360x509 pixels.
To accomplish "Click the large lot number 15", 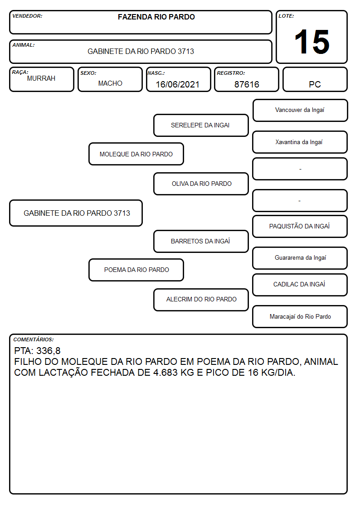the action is click(x=312, y=42).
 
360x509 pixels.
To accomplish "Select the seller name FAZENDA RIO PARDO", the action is click(x=156, y=17).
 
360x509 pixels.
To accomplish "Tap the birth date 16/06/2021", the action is click(x=178, y=84).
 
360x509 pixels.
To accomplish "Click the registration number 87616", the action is click(x=247, y=84).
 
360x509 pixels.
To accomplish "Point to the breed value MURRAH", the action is click(x=41, y=78).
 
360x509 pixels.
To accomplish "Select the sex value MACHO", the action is click(x=110, y=83).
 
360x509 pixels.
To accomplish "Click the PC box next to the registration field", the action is click(x=315, y=80).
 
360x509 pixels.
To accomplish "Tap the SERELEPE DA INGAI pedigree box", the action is click(x=201, y=125).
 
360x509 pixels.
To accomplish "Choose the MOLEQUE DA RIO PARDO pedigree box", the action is click(x=136, y=154).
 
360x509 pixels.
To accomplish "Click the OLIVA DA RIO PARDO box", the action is click(x=201, y=184).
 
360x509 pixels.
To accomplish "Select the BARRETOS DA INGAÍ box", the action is click(x=201, y=241).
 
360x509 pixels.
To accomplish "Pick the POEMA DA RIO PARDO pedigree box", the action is click(x=136, y=270).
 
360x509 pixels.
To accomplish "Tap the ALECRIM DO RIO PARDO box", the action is click(x=201, y=299).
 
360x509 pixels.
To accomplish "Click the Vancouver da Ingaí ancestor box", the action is click(x=300, y=111).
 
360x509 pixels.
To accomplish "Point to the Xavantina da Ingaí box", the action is click(x=300, y=142).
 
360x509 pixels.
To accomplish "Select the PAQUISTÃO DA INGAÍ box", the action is click(x=300, y=226).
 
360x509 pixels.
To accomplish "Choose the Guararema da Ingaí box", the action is click(x=300, y=258).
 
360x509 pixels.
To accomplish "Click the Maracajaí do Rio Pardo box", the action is click(x=300, y=316).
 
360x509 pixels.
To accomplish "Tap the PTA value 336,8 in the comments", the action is click(x=49, y=351).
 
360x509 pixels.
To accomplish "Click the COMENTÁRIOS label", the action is click(x=34, y=339).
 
